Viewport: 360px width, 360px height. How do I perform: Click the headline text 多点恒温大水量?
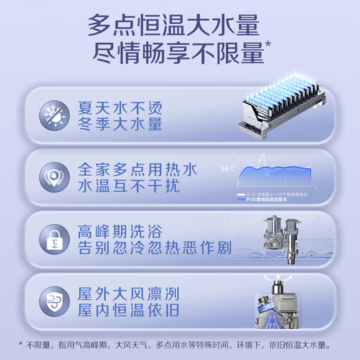174,27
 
